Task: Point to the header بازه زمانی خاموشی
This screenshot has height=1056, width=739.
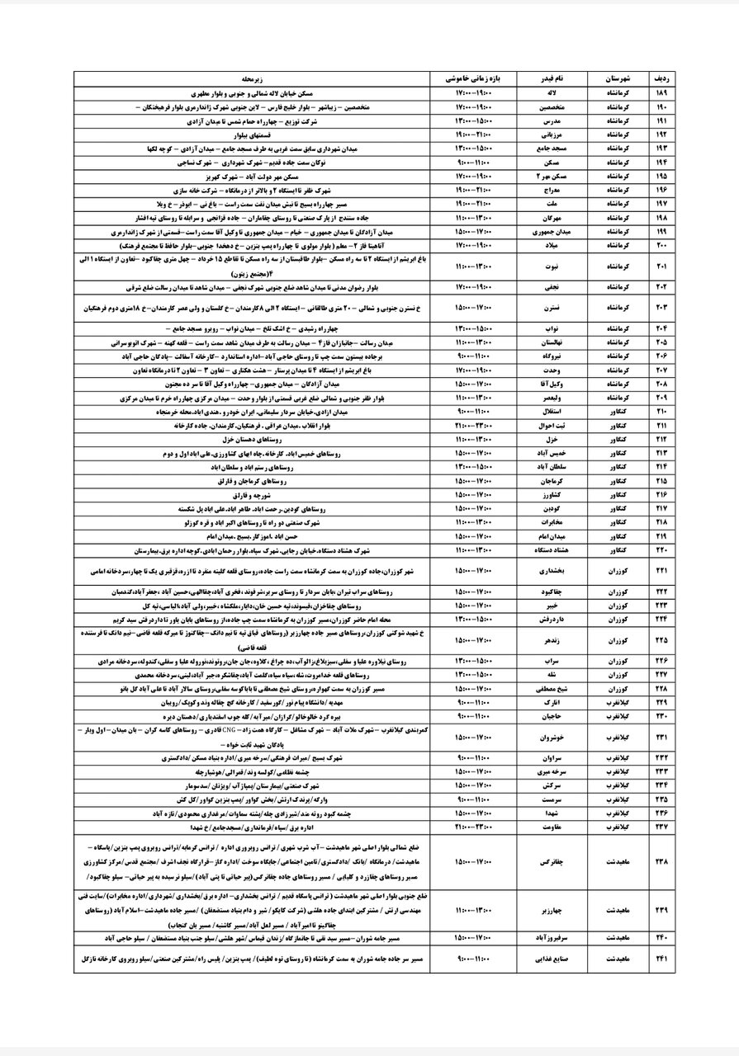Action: (x=481, y=79)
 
